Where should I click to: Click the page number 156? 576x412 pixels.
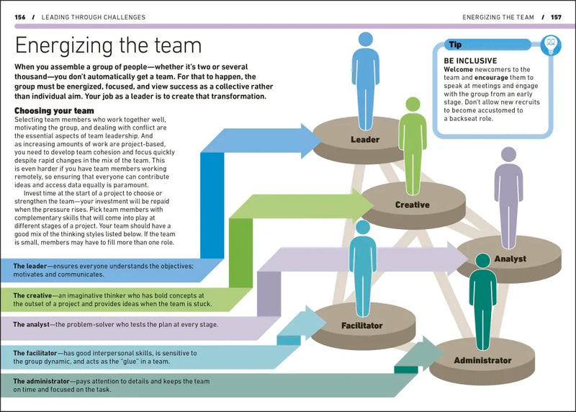[21, 17]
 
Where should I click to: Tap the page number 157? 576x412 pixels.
[555, 17]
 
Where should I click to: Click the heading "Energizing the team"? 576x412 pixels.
[108, 45]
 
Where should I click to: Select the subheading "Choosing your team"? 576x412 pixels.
[54, 110]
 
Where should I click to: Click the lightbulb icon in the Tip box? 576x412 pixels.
[551, 44]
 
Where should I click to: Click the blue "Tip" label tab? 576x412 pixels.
[455, 45]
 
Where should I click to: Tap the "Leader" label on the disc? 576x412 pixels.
[365, 139]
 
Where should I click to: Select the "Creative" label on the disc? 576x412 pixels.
[412, 205]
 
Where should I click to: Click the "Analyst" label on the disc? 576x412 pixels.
[510, 259]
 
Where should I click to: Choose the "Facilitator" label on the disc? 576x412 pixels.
[361, 326]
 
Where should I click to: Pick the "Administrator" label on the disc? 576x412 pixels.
[482, 360]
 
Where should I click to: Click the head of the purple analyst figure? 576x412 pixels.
[508, 154]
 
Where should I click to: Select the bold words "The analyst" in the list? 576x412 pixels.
[31, 324]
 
